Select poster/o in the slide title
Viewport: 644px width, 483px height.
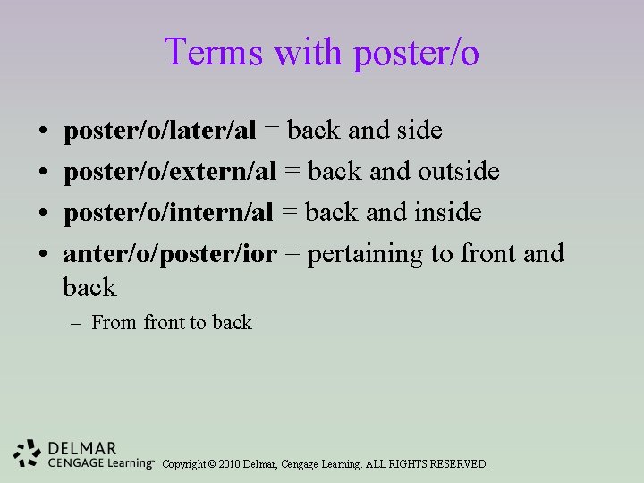pyautogui.click(x=416, y=54)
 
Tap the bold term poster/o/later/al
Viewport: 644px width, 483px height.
pyautogui.click(x=159, y=131)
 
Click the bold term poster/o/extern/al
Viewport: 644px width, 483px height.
pyautogui.click(x=168, y=172)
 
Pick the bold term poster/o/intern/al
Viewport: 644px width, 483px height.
pyautogui.click(x=168, y=213)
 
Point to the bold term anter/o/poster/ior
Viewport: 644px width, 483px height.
pyautogui.click(x=170, y=254)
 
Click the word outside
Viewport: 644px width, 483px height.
pyautogui.click(x=458, y=172)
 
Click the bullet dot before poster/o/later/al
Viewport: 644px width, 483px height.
pyautogui.click(x=44, y=131)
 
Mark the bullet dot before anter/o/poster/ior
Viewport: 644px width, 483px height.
pyautogui.click(x=44, y=255)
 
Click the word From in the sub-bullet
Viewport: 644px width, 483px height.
pyautogui.click(x=114, y=323)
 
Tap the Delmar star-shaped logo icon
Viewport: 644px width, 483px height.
pyautogui.click(x=28, y=454)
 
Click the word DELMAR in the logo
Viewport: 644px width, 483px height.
pyautogui.click(x=82, y=448)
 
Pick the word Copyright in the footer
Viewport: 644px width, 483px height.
pyautogui.click(x=183, y=464)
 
